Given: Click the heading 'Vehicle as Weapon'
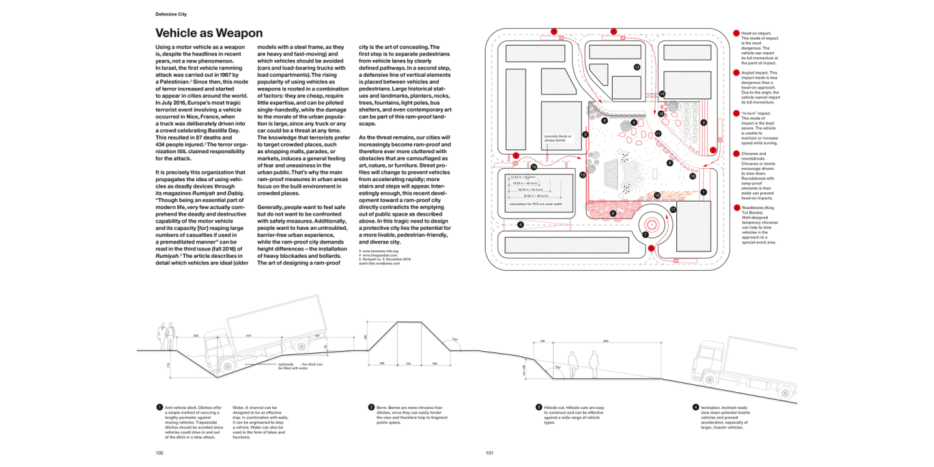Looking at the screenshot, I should (209, 33).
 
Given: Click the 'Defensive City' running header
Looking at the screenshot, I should (171, 13).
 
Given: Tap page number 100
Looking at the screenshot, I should (159, 453).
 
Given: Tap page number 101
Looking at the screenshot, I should (489, 453).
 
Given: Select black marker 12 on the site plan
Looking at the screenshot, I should (637, 67).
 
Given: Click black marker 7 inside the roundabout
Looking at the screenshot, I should (646, 235).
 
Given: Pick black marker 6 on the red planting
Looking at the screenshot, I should (613, 214).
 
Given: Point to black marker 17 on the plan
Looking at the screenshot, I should (673, 210).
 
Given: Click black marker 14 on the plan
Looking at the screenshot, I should (662, 94).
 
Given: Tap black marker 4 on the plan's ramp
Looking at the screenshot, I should (520, 224).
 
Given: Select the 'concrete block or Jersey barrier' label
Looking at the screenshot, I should (557, 138).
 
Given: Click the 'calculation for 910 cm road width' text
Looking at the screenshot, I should (535, 204).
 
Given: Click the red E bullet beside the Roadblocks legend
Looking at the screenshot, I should (737, 208).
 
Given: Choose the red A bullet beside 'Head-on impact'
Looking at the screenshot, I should (737, 33).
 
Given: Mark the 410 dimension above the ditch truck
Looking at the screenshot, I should (248, 336).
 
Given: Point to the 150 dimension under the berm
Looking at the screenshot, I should (408, 363).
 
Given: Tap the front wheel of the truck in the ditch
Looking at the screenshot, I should (225, 368).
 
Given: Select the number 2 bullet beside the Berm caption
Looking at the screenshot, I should (371, 407).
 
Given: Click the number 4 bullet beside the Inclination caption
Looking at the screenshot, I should (696, 407).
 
